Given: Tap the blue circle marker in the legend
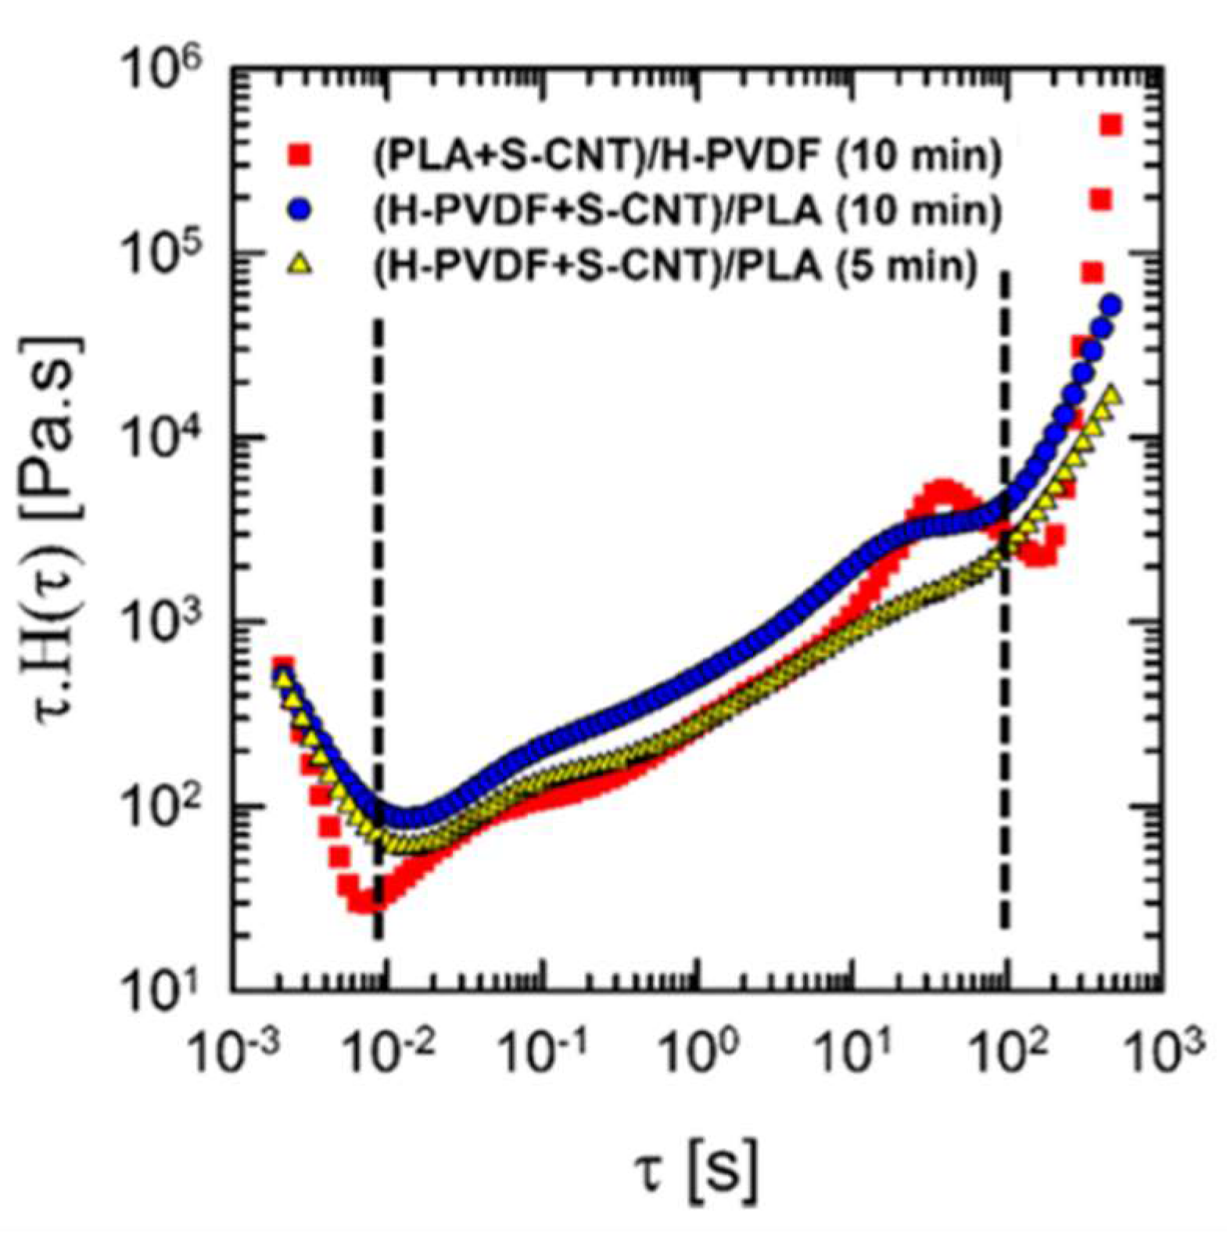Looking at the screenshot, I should coord(300,212).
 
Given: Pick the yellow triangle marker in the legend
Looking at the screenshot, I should coord(300,267).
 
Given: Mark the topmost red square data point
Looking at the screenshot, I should coord(1111,125).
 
